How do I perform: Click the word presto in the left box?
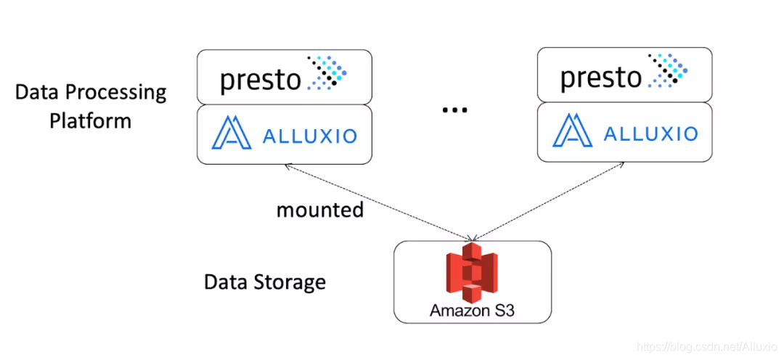260,80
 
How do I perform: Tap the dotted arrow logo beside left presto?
327,73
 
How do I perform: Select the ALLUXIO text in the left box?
309,136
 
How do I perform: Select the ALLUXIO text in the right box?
650,134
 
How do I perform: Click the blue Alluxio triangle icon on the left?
231,133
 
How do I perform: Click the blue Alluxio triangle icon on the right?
572,131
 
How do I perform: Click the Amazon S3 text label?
472,311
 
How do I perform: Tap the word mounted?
320,210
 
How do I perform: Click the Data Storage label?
264,282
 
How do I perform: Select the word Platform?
90,121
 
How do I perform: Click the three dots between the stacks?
454,110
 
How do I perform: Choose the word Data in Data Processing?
36,92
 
